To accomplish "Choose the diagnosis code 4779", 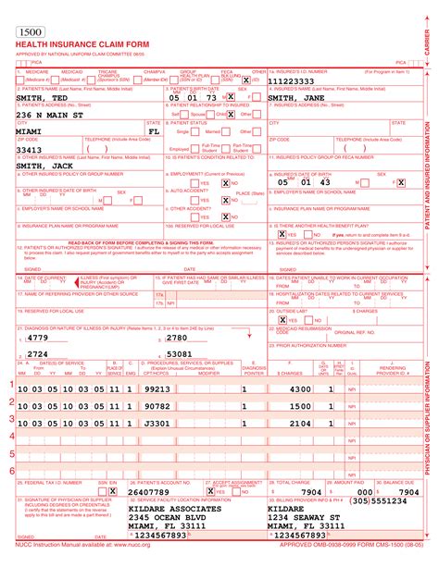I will (38, 339).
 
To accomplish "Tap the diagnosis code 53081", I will (179, 353).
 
